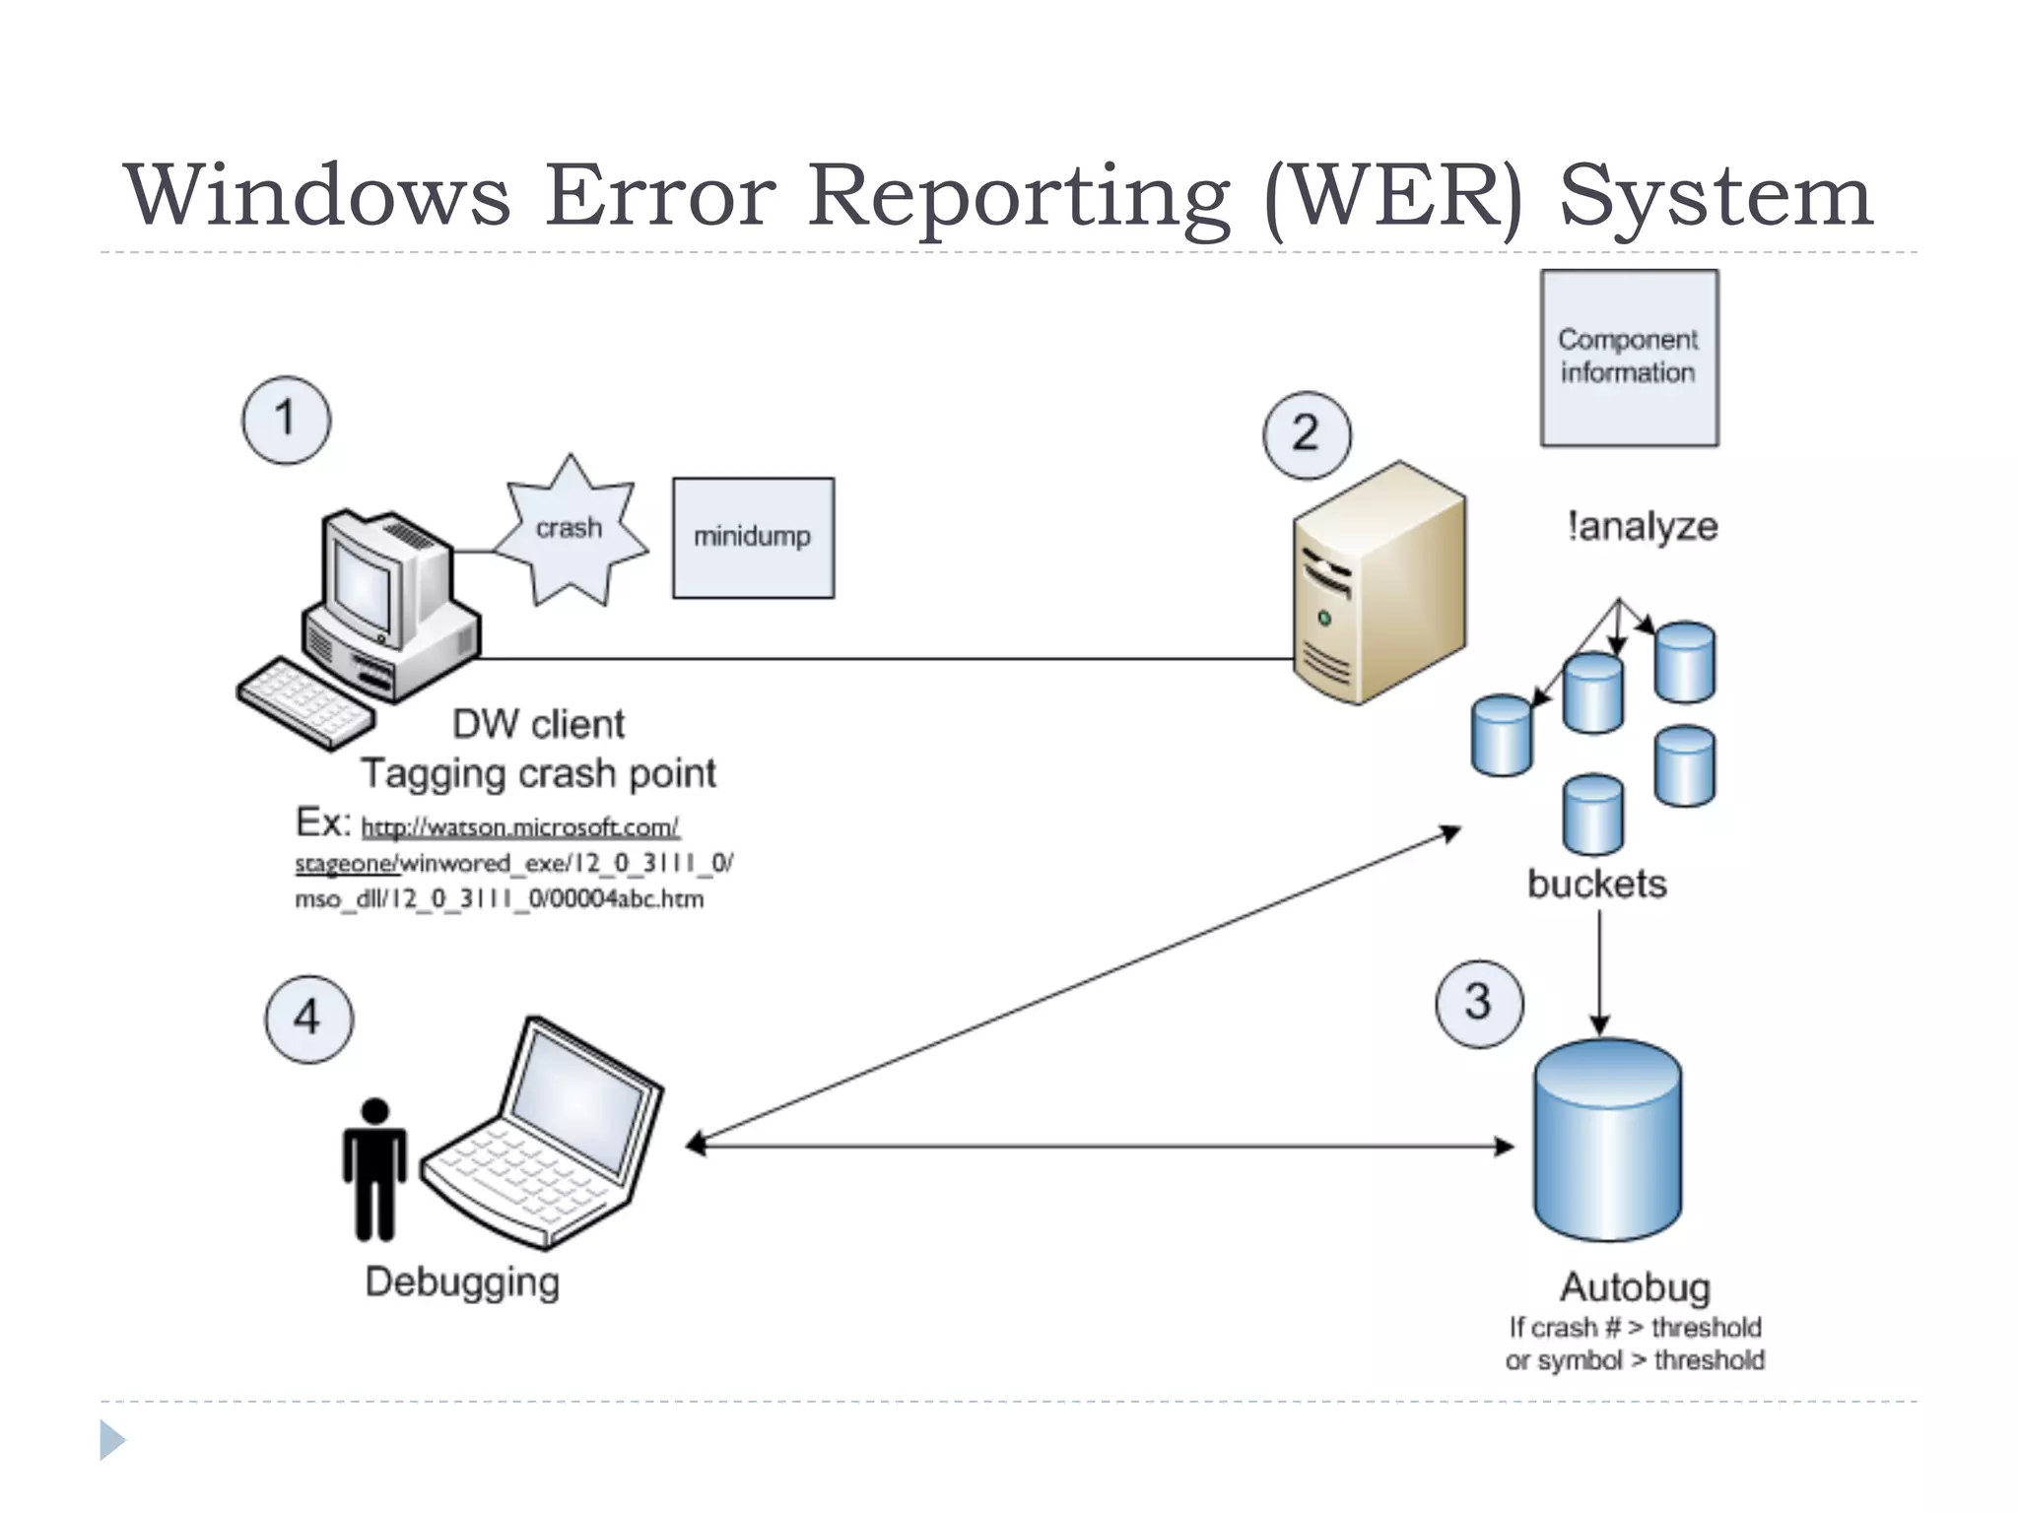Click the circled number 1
(x=286, y=420)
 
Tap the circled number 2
(x=1307, y=435)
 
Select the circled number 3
(x=1479, y=1004)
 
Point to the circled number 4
(x=308, y=1020)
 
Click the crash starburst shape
(x=571, y=532)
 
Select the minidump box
(x=753, y=538)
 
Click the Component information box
(x=1629, y=358)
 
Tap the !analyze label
(x=1642, y=527)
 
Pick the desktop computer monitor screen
(x=363, y=587)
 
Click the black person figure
(x=374, y=1169)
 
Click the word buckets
(x=1596, y=884)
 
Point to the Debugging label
(x=462, y=1283)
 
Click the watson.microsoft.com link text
(x=520, y=827)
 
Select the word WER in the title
(x=1393, y=196)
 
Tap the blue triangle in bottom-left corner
(x=111, y=1440)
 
